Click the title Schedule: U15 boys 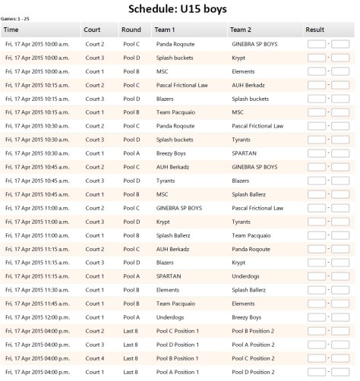[180, 9]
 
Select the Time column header [12, 30]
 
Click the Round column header [131, 30]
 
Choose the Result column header [315, 30]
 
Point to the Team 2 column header [244, 30]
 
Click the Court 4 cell [95, 357]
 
